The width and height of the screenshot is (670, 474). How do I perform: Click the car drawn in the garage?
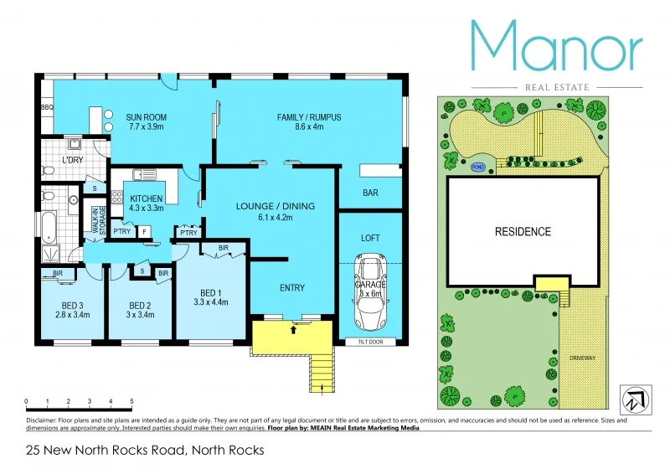coord(369,294)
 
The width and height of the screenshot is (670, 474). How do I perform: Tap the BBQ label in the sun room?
coord(47,107)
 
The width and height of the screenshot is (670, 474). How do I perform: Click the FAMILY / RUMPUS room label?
coord(309,117)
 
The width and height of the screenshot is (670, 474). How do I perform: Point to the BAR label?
coord(370,193)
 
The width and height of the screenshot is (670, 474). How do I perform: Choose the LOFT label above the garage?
coord(370,238)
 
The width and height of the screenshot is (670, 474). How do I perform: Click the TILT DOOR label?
coord(369,342)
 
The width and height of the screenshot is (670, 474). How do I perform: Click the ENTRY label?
coord(291,287)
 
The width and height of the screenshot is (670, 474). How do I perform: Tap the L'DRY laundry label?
coord(73,159)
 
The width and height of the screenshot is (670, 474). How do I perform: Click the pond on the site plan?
coord(478,167)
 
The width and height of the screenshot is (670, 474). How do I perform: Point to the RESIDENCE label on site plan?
coord(523,232)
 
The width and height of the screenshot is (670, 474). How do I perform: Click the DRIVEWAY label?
coord(582,358)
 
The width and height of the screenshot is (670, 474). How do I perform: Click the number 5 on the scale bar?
coord(131,402)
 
